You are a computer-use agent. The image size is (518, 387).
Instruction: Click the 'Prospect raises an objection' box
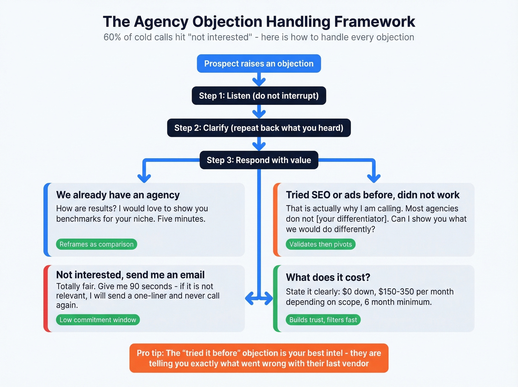[259, 64]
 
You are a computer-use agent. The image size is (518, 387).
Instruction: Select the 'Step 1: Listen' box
[259, 96]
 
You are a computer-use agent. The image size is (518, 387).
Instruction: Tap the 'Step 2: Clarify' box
[259, 128]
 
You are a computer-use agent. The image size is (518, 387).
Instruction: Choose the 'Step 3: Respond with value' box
[259, 160]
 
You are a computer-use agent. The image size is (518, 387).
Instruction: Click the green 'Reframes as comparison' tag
[97, 244]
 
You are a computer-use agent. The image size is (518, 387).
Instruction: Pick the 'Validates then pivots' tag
[320, 244]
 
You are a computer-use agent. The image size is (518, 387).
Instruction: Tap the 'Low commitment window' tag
[98, 320]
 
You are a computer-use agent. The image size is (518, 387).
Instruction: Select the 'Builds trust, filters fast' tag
[323, 320]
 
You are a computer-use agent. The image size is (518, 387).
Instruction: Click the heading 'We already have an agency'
[118, 195]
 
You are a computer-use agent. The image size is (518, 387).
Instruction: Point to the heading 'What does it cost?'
[328, 277]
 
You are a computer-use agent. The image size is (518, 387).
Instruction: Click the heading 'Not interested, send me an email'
[130, 275]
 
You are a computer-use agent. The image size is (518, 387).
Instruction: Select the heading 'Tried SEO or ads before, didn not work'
[373, 195]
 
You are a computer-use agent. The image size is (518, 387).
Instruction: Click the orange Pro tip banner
[259, 358]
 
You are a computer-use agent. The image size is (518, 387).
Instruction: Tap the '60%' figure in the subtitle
[112, 37]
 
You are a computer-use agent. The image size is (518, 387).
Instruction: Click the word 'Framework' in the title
[374, 22]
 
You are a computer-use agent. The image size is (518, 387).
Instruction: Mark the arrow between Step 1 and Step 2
[259, 111]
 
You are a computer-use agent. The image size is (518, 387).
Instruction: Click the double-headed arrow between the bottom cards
[259, 298]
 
